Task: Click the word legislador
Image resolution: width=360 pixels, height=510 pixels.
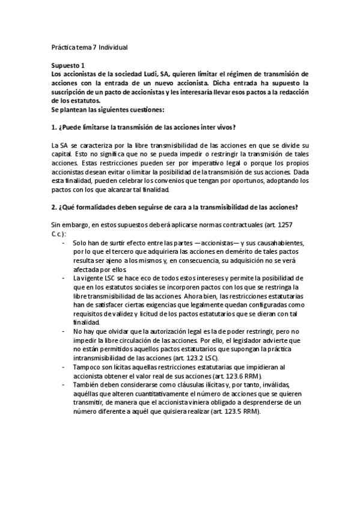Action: [x=251, y=340]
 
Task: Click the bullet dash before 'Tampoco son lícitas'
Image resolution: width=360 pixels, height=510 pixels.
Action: [x=64, y=367]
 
